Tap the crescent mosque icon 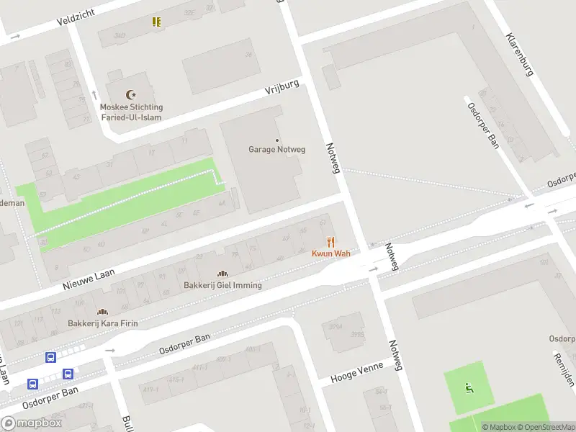[130, 94]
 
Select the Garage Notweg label [277, 150]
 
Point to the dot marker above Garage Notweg [277, 140]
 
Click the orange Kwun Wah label [330, 253]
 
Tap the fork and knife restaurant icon [330, 242]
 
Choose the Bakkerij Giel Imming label [222, 285]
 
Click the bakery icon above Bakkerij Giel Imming [222, 274]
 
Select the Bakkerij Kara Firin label [102, 323]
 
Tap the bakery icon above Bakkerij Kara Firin [102, 312]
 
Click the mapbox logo [32, 423]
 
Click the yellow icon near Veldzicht [156, 22]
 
